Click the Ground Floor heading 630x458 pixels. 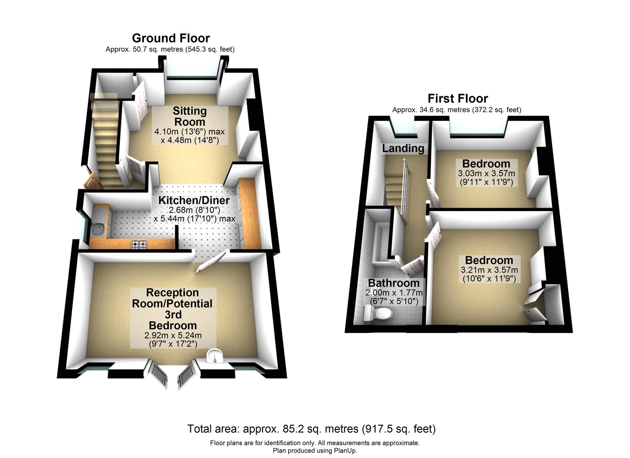(x=171, y=38)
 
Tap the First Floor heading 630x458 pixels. (x=458, y=99)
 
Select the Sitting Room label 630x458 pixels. (x=190, y=116)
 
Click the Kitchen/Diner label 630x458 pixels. (x=194, y=200)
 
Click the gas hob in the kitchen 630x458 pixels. (x=139, y=244)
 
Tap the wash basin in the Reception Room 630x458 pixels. (x=215, y=358)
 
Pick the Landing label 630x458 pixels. (x=403, y=148)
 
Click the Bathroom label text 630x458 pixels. (x=394, y=283)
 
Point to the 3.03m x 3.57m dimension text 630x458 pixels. (x=486, y=174)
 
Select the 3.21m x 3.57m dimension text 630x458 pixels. (x=489, y=270)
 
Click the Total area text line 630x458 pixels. (x=311, y=429)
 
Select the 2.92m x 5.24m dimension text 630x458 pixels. (x=173, y=336)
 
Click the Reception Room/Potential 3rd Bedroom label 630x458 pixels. (x=172, y=309)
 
